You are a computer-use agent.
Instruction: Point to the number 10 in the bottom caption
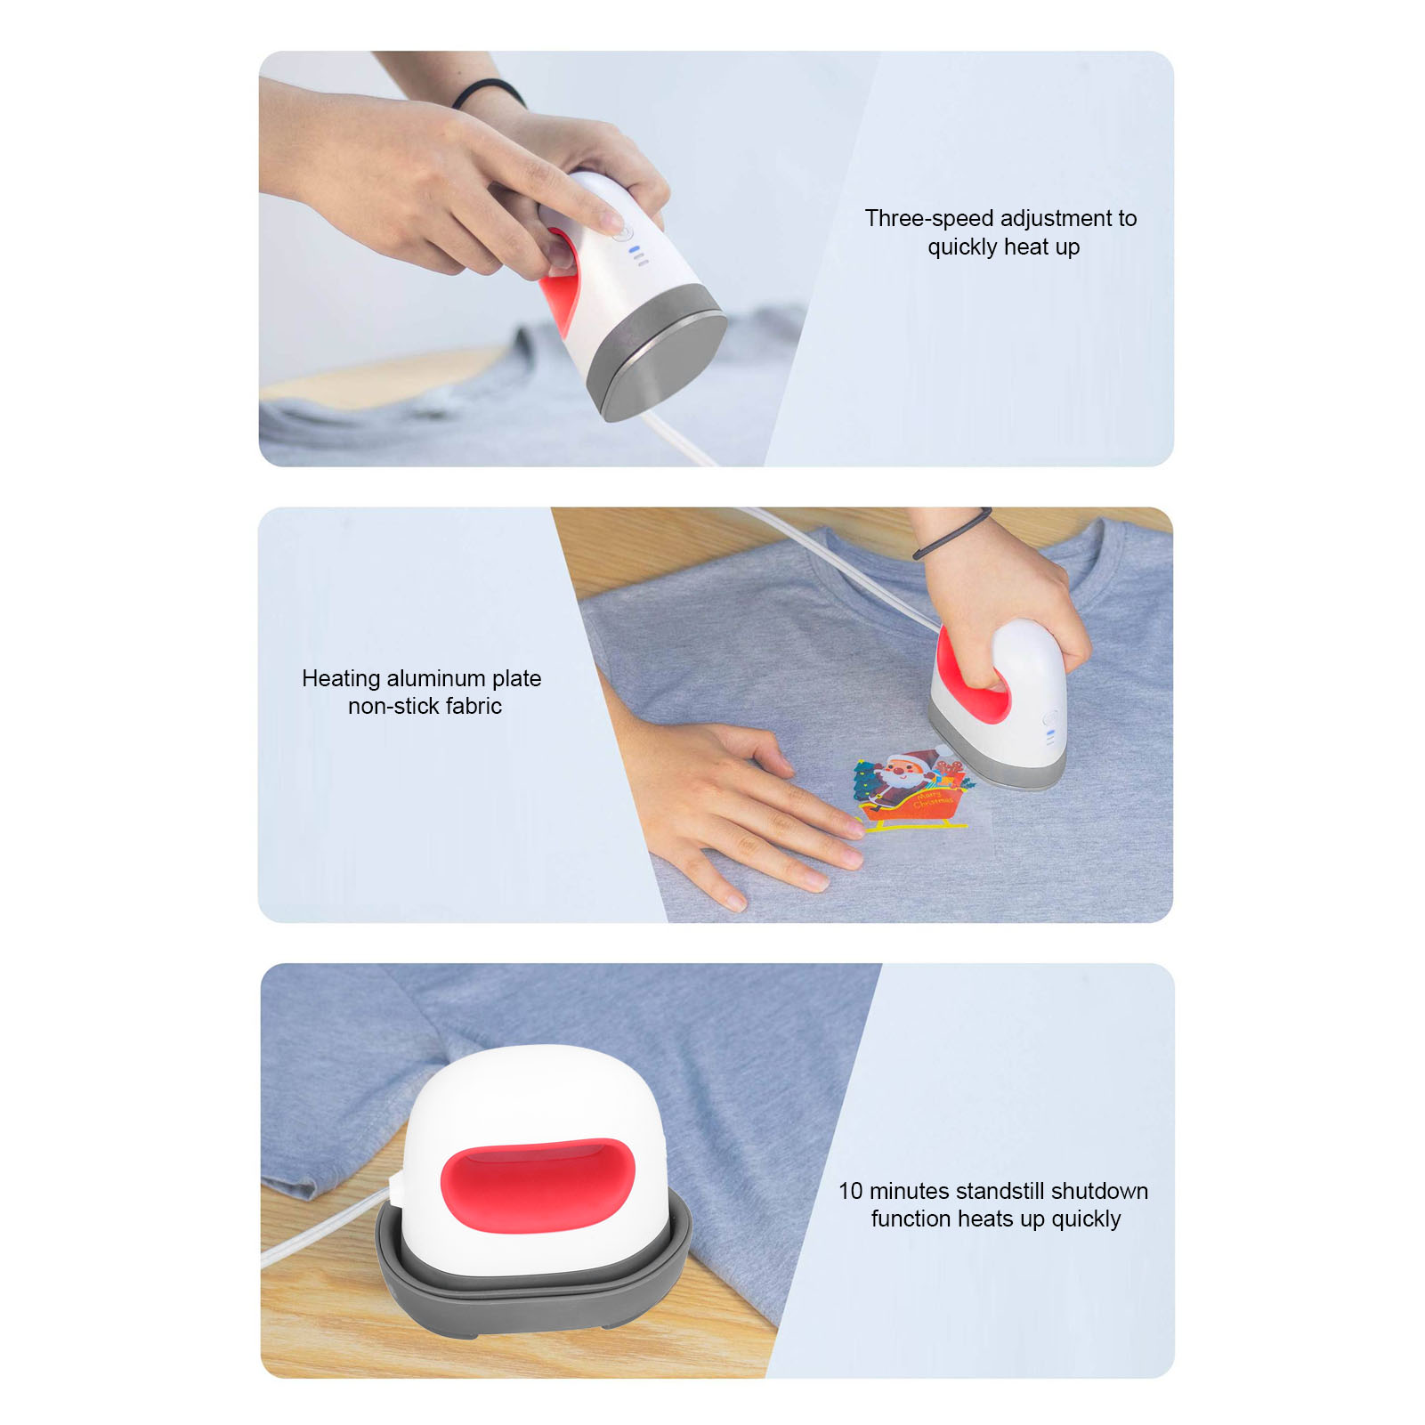851,1191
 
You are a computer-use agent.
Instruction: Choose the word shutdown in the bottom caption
1099,1191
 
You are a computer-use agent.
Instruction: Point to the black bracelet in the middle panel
951,534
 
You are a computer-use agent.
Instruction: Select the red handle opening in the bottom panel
538,1185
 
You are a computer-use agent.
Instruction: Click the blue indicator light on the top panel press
634,250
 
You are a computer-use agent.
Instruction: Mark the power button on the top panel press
623,232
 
